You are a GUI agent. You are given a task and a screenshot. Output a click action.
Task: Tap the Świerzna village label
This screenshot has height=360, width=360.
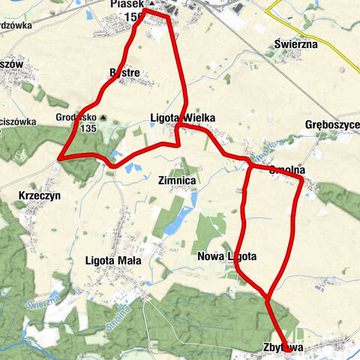295,44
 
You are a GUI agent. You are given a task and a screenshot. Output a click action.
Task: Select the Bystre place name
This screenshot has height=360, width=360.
124,73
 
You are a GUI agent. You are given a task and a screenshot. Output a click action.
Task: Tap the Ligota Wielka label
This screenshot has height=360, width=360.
183,118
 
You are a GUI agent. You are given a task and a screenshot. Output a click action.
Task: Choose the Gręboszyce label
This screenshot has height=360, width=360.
333,124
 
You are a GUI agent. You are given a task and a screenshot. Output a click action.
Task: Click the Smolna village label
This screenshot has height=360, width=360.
286,169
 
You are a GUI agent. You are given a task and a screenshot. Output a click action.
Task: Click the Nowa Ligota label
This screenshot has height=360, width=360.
226,256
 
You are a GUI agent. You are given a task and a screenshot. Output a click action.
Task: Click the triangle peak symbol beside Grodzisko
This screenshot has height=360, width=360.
103,117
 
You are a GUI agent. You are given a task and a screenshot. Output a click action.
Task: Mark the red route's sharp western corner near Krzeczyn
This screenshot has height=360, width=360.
58,158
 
